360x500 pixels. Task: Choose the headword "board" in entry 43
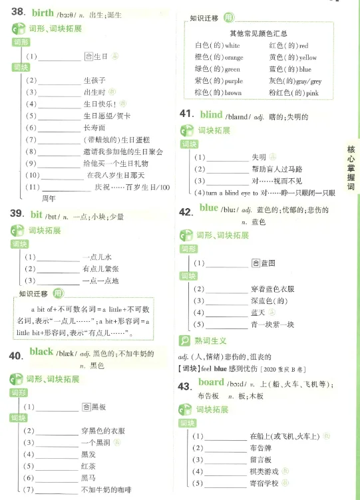tap(211, 382)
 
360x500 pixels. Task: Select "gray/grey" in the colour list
tap(309, 81)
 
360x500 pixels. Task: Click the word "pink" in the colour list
tap(311, 93)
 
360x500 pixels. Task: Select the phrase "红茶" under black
tap(87, 466)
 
